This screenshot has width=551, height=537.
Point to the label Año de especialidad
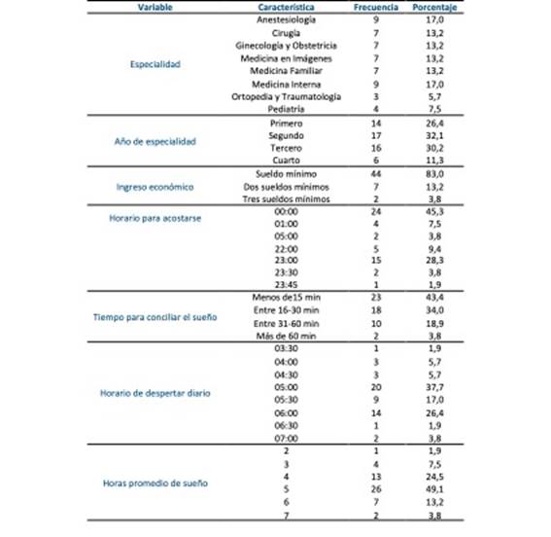pyautogui.click(x=155, y=141)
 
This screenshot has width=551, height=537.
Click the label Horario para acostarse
pyautogui.click(x=155, y=219)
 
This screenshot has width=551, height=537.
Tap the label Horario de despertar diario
pyautogui.click(x=155, y=393)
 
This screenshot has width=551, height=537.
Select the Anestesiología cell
pyautogui.click(x=286, y=19)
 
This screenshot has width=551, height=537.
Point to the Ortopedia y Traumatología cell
pyautogui.click(x=287, y=96)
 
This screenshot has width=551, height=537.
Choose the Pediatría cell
pyautogui.click(x=286, y=109)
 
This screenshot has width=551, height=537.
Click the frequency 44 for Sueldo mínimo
pyautogui.click(x=375, y=173)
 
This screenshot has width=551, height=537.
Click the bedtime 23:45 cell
pyautogui.click(x=286, y=284)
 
